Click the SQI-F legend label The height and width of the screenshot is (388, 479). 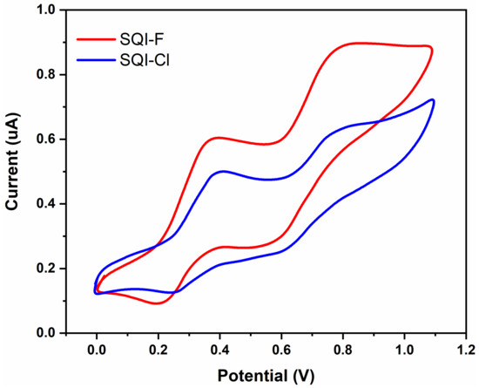145,39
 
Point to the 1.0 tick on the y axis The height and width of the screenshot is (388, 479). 46,10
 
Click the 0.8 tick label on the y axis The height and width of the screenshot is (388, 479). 46,75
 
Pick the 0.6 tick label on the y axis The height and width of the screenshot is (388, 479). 46,140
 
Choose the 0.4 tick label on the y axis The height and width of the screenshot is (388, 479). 46,204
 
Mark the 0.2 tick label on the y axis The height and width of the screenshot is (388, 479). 46,269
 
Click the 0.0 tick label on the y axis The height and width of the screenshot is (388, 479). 46,333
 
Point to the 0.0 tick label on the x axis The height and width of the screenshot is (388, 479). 96,348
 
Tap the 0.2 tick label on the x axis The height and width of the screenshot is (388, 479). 158,348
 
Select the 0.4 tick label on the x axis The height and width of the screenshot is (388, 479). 219,348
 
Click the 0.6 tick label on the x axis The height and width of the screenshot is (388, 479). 280,348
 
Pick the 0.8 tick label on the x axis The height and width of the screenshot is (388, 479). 342,348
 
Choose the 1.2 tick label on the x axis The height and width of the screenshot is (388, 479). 465,348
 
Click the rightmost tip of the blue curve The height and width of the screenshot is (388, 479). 433,101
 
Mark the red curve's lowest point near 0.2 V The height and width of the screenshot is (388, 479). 157,303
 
